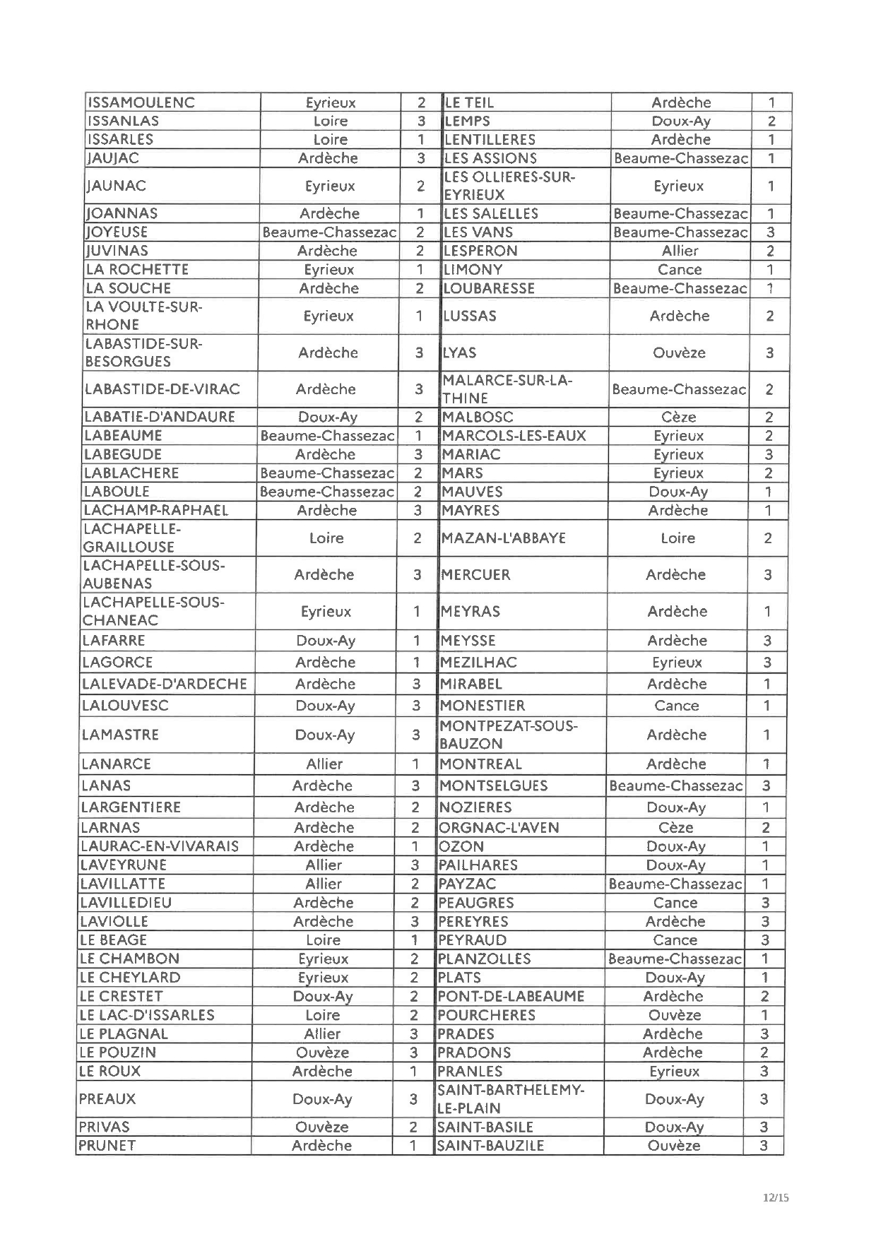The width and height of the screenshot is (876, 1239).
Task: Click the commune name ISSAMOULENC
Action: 141,102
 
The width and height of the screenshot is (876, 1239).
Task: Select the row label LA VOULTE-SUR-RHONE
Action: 144,316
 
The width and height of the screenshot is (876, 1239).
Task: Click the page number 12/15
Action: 776,1197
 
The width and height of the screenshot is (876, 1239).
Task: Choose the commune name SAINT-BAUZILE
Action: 490,1146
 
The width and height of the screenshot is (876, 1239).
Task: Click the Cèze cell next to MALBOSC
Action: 679,417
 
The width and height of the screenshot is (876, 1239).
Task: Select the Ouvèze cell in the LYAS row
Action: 679,352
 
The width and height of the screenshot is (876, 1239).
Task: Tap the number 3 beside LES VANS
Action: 770,232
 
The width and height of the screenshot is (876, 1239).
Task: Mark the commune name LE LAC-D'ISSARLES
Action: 147,1015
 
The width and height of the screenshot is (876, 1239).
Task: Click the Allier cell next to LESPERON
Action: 680,251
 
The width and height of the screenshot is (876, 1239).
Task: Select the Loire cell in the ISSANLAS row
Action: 330,121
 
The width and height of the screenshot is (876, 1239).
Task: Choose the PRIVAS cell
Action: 105,1127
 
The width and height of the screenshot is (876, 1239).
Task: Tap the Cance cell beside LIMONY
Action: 680,269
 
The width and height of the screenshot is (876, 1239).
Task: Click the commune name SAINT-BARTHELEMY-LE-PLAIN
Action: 511,1099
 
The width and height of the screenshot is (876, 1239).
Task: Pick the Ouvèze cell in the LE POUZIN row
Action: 323,1053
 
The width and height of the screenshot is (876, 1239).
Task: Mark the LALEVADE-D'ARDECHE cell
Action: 165,684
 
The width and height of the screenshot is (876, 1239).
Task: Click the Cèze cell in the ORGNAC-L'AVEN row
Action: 676,827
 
